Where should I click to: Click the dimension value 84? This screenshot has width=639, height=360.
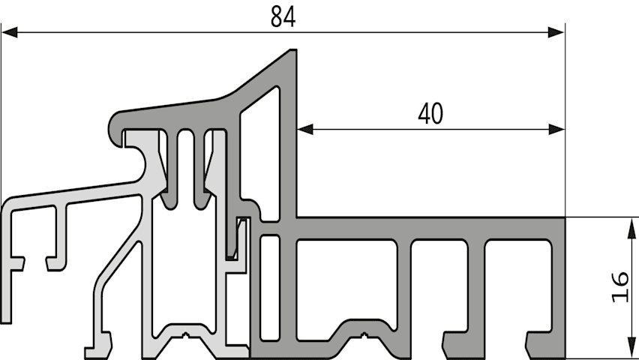[x=283, y=17]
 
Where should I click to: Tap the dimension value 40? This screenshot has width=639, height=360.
[x=430, y=114]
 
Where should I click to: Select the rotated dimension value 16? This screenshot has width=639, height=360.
[x=619, y=286]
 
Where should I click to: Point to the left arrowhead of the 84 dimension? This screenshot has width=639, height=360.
[x=9, y=32]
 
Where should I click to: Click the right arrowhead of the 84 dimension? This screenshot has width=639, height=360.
[x=556, y=32]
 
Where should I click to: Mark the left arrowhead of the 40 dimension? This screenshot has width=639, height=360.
[x=306, y=130]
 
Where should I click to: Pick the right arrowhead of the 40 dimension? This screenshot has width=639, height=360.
[x=556, y=130]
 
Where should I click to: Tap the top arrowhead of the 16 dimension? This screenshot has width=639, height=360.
[x=631, y=227]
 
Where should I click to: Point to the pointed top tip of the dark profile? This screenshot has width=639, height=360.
[x=293, y=50]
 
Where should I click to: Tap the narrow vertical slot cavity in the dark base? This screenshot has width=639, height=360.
[x=270, y=287]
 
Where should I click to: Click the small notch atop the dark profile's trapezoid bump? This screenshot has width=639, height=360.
[x=364, y=335]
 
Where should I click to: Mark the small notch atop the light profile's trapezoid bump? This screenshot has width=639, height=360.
[x=186, y=336]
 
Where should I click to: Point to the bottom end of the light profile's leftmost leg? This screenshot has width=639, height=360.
[x=6, y=322]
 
